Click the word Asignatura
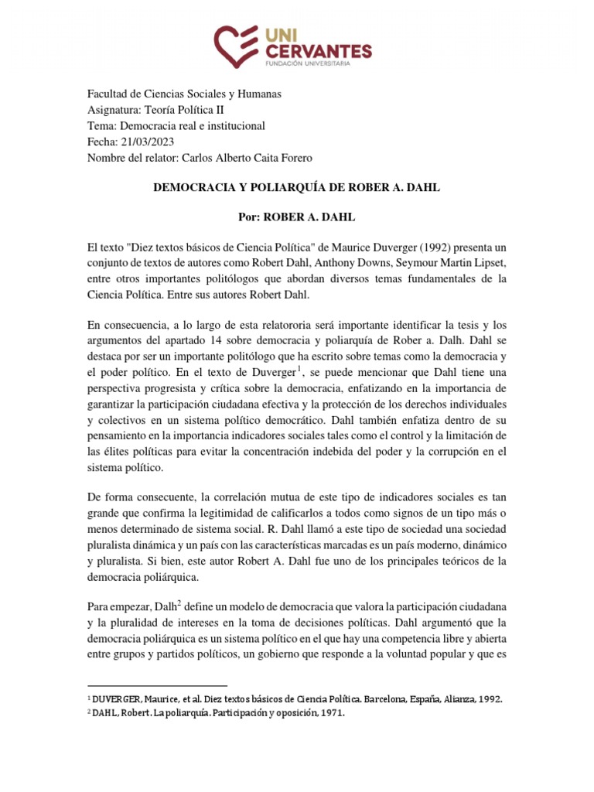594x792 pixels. point(114,110)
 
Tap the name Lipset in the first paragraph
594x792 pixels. point(489,264)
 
